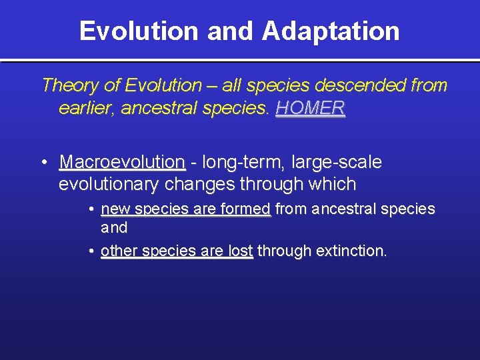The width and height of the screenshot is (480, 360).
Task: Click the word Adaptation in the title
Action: coord(331,31)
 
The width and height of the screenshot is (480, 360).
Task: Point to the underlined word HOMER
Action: coord(310,108)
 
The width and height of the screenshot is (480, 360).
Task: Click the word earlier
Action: coord(86,108)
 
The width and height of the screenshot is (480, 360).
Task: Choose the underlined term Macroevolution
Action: coord(122,162)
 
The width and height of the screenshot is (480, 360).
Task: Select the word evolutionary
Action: coord(110,184)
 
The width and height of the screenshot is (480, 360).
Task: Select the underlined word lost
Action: coord(240,251)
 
